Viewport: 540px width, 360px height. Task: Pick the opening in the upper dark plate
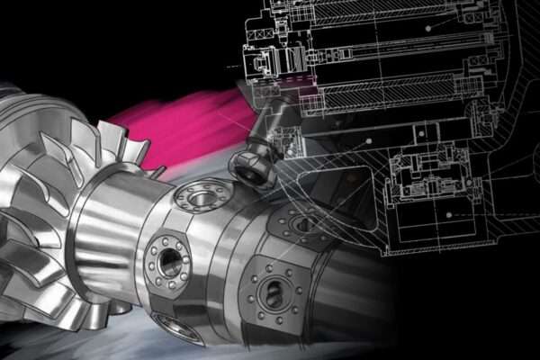point(300,221)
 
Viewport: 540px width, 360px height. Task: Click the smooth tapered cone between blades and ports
point(103,216)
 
